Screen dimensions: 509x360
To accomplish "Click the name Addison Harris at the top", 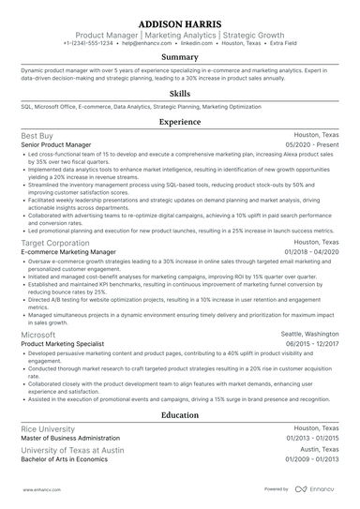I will coord(179,22).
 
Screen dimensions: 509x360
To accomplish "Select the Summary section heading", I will coord(179,57).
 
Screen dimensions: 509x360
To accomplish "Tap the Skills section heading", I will coord(179,94).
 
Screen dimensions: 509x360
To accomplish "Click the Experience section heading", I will coord(179,122).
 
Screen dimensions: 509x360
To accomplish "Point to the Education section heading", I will coord(179,413).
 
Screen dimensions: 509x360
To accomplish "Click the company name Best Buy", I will coord(37,135).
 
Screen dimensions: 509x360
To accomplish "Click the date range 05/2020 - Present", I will coord(309,145).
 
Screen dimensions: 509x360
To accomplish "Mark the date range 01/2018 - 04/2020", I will coord(308,252).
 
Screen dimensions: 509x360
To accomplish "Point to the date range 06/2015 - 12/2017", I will coord(308,344).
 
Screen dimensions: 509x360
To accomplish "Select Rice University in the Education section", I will coord(48,427).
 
